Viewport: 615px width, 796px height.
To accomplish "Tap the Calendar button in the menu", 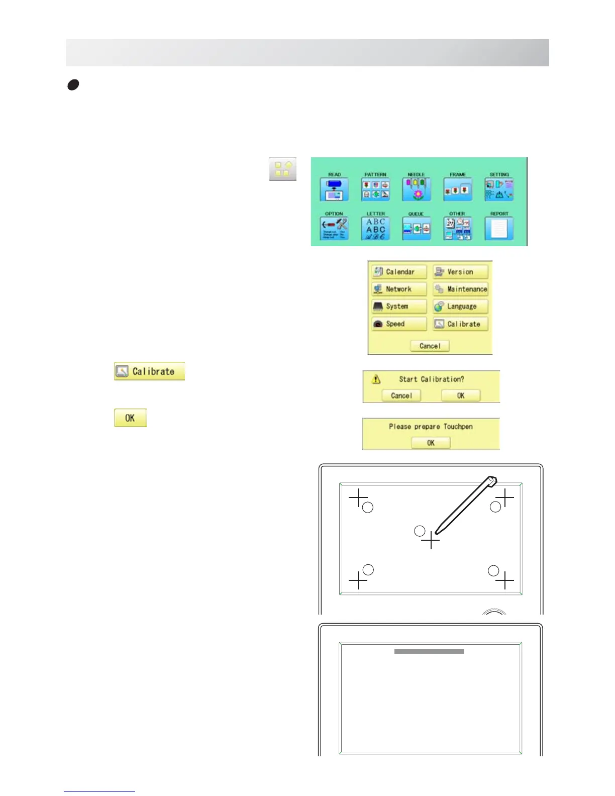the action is click(x=399, y=272).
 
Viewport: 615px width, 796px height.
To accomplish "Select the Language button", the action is click(x=461, y=307).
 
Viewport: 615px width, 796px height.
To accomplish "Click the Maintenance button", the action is click(x=461, y=289).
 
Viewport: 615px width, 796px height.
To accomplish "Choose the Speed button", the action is click(x=399, y=324).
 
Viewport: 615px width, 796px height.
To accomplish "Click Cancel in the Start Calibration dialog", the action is click(x=401, y=395).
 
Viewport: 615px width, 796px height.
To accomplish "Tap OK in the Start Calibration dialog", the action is click(x=461, y=395).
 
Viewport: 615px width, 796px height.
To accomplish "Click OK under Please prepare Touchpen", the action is click(x=431, y=443).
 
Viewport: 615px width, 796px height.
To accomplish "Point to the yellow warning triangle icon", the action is click(x=376, y=379).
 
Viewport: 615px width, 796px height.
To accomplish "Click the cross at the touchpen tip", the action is click(x=431, y=541).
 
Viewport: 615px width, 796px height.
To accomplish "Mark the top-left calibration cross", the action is click(x=358, y=498).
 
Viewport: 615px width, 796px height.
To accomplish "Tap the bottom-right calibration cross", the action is click(x=504, y=580).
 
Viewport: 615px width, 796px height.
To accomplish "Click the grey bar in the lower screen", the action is click(x=429, y=651).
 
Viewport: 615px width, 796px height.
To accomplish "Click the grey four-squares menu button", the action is click(x=282, y=169).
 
